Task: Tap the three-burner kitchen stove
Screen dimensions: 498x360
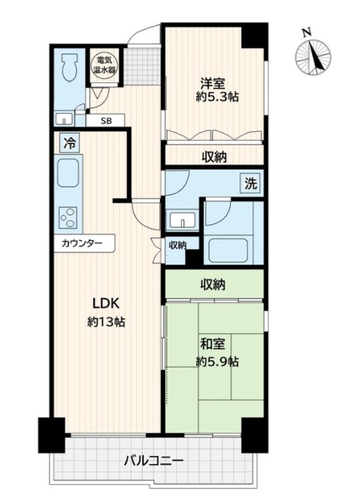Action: click(x=69, y=218)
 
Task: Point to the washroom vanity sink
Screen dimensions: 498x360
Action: click(x=181, y=220)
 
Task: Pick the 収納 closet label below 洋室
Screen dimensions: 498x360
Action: click(x=214, y=156)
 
